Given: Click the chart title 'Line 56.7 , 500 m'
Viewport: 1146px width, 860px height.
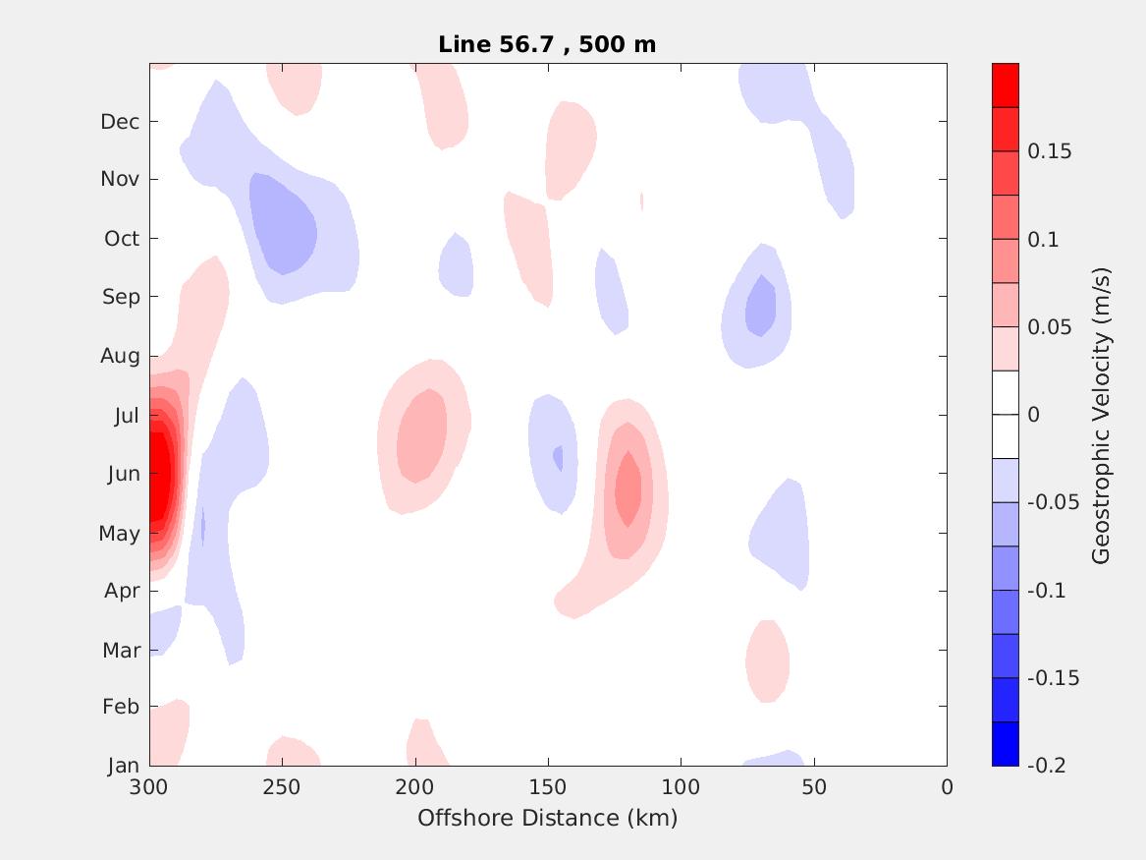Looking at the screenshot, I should (x=547, y=44).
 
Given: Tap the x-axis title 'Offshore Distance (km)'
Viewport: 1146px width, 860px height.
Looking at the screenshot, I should (x=547, y=818).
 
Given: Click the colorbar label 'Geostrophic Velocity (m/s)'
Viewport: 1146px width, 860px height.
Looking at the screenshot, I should (x=1101, y=415).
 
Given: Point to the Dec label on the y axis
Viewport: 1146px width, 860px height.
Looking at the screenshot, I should (x=120, y=122).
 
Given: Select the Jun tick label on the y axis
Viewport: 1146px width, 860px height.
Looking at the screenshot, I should (x=123, y=474).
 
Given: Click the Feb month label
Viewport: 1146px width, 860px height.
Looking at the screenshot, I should (x=121, y=707).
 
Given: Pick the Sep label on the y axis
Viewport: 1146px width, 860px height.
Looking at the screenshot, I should (x=121, y=297).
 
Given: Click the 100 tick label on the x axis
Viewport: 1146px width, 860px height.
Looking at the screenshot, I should (x=681, y=787).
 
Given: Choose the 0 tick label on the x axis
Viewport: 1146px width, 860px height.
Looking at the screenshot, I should (x=947, y=787).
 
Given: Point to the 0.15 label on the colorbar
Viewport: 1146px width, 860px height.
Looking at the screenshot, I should (x=1049, y=151).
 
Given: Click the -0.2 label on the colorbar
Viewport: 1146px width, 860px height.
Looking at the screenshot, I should (x=1046, y=765).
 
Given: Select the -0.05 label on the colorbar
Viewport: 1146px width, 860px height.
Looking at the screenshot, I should (x=1053, y=502).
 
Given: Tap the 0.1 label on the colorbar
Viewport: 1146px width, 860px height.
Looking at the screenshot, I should (x=1043, y=240).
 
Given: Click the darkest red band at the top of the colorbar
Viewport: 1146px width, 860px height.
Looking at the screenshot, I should (x=1006, y=86).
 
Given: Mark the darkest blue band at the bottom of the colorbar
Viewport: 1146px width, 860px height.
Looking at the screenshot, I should (x=1006, y=743).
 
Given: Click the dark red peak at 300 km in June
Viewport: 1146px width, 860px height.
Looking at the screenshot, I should (x=156, y=475).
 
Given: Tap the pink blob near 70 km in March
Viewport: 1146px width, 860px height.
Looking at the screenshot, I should (x=767, y=660).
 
